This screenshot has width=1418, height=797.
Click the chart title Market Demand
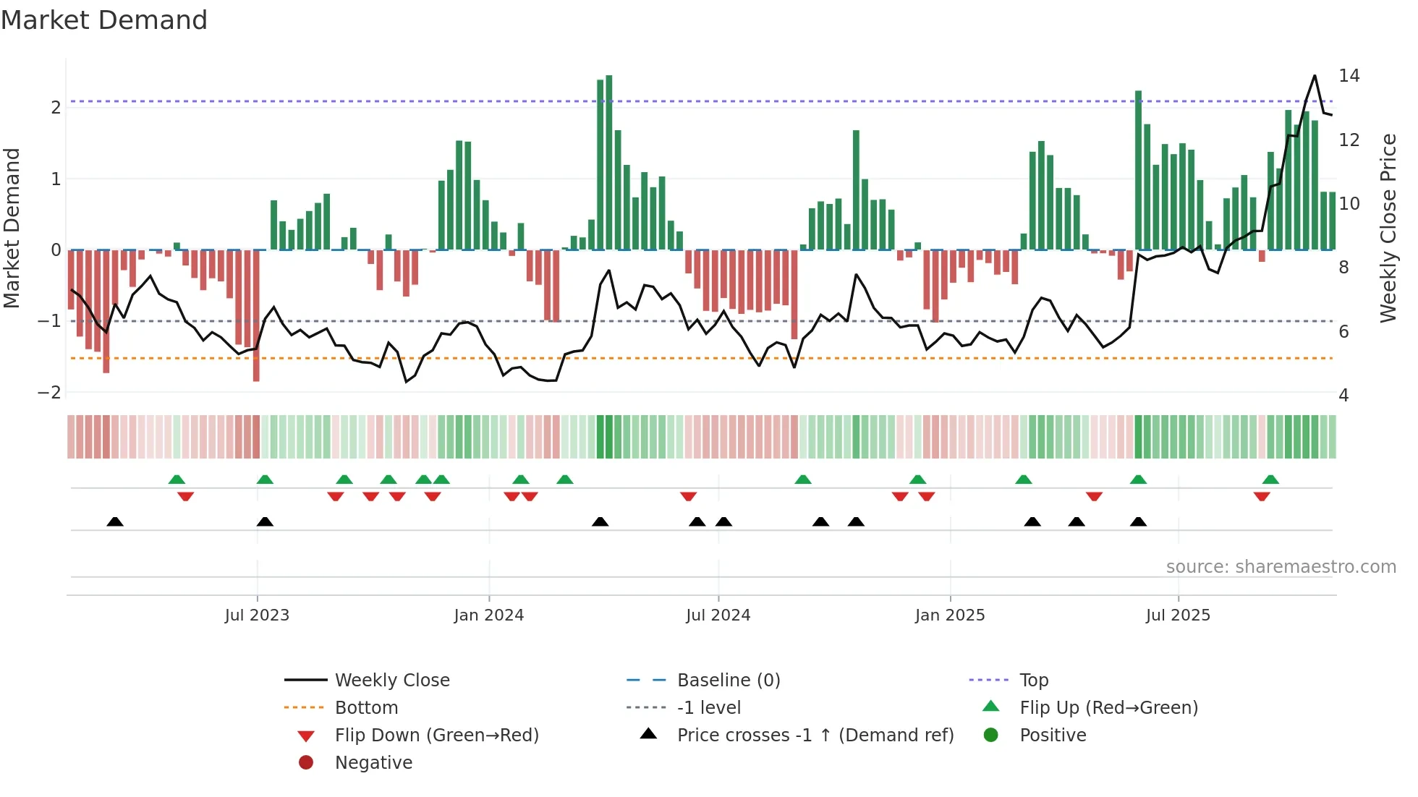point(104,20)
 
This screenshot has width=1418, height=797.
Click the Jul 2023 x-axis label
point(257,615)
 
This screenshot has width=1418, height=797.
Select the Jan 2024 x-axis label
point(488,615)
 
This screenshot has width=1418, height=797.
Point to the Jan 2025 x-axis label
point(949,615)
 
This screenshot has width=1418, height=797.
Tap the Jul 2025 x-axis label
point(1178,615)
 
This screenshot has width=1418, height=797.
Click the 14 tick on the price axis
point(1349,76)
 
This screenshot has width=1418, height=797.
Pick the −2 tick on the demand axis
point(50,392)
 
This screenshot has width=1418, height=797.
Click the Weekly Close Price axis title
point(1388,228)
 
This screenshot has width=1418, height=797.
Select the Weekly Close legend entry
point(392,681)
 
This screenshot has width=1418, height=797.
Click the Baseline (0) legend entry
point(729,681)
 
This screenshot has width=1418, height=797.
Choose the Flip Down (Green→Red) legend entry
point(436,736)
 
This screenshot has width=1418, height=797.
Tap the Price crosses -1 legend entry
point(815,736)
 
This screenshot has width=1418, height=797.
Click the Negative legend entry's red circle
point(306,763)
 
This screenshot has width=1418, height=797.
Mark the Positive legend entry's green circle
point(991,736)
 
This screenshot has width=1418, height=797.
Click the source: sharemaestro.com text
point(1281,567)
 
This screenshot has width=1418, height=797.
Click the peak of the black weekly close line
point(1315,75)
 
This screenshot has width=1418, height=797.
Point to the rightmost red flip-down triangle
point(1262,497)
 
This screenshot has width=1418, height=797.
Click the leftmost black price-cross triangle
point(115,521)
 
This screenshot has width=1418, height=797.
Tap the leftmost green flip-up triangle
point(177,480)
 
